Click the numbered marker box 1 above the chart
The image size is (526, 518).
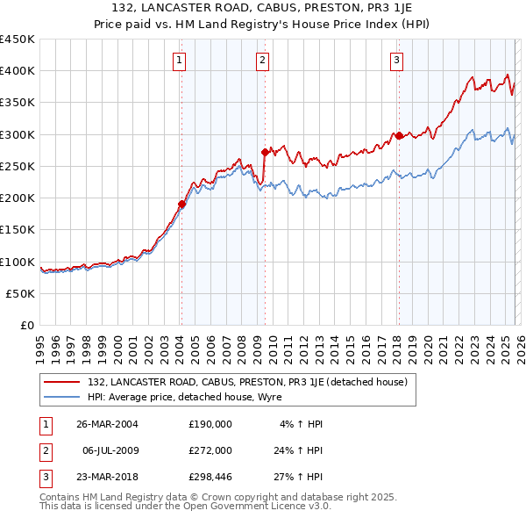click(x=179, y=61)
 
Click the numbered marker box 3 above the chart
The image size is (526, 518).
click(x=397, y=61)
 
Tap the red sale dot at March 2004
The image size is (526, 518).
click(x=182, y=204)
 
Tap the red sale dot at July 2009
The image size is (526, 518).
click(x=264, y=152)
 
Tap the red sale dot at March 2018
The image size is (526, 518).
click(x=399, y=135)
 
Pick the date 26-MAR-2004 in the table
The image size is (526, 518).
click(x=107, y=423)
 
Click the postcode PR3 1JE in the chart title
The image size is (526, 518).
click(x=317, y=8)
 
